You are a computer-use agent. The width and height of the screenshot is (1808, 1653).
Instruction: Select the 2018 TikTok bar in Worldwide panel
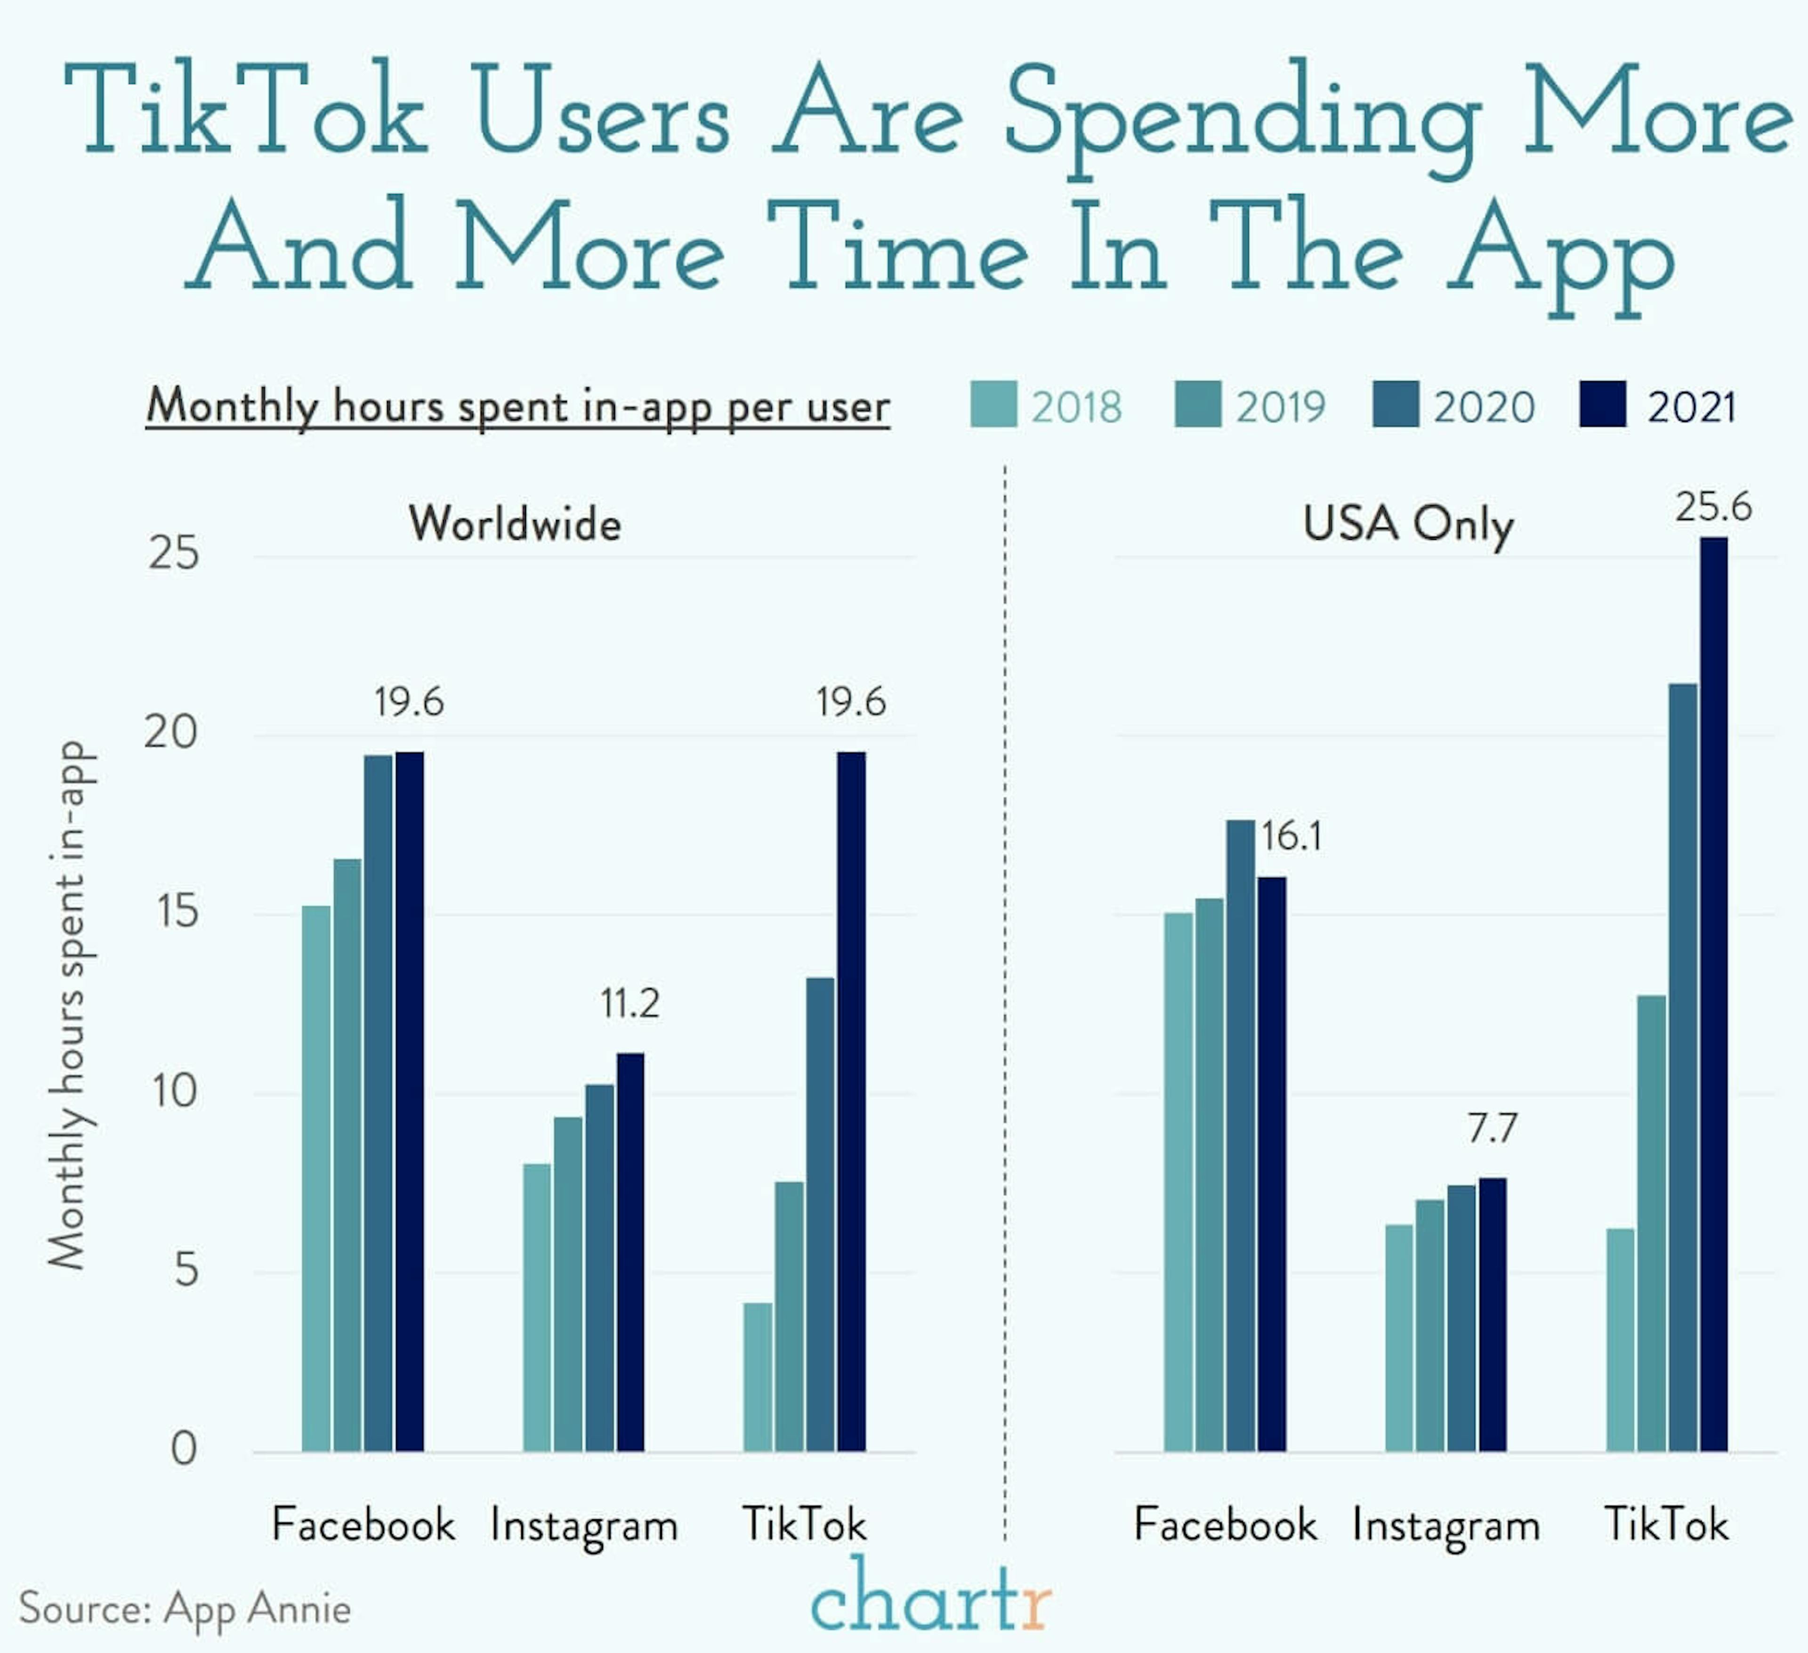click(758, 1376)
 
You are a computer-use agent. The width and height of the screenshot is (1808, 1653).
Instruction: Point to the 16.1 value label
click(1291, 837)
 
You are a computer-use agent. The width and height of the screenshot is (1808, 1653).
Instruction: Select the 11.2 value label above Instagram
click(630, 1003)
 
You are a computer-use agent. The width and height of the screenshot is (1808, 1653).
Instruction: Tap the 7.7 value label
click(1493, 1127)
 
